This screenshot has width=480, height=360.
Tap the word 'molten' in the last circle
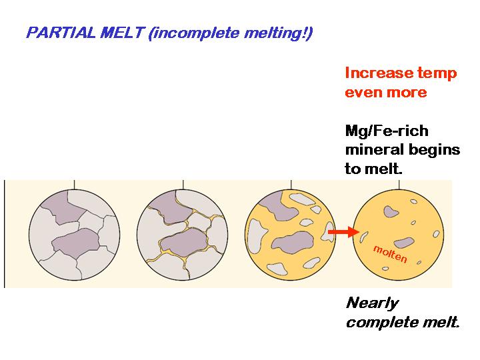pyautogui.click(x=391, y=253)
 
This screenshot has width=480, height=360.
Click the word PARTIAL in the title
pyautogui.click(x=55, y=33)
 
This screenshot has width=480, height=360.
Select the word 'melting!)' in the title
pyautogui.click(x=280, y=33)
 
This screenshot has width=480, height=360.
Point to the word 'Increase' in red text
pyautogui.click(x=375, y=73)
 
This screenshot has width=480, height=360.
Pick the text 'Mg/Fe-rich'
pyautogui.click(x=387, y=131)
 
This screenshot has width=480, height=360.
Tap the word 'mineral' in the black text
pyautogui.click(x=375, y=149)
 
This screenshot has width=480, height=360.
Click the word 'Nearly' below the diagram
pyautogui.click(x=372, y=303)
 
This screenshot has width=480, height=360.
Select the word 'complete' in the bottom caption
pyautogui.click(x=381, y=323)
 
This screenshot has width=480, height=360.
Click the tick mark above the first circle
pyautogui.click(x=74, y=183)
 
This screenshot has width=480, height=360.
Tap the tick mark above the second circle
pyautogui.click(x=183, y=183)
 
